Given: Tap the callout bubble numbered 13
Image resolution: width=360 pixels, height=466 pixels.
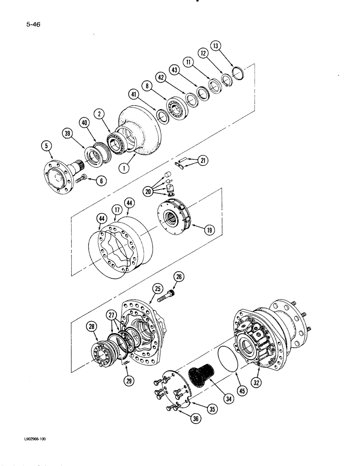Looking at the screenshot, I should tap(216, 46).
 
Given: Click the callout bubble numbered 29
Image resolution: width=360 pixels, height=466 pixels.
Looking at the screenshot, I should tap(127, 380).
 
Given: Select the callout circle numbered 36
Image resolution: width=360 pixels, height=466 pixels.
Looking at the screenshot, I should tap(196, 419).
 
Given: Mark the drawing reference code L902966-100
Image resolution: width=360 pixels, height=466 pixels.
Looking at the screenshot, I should tap(33, 439).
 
